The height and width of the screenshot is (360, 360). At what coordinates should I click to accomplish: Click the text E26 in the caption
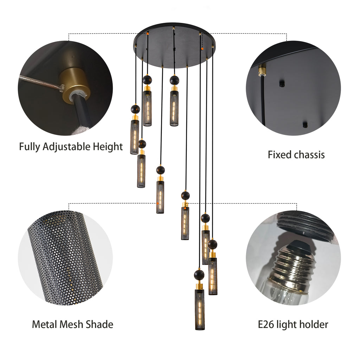point(265,324)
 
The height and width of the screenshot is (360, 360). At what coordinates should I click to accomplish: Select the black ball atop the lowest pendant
point(199,275)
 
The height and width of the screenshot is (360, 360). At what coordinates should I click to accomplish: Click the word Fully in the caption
point(30,147)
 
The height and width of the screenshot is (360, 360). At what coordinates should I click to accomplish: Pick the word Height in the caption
point(108,147)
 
